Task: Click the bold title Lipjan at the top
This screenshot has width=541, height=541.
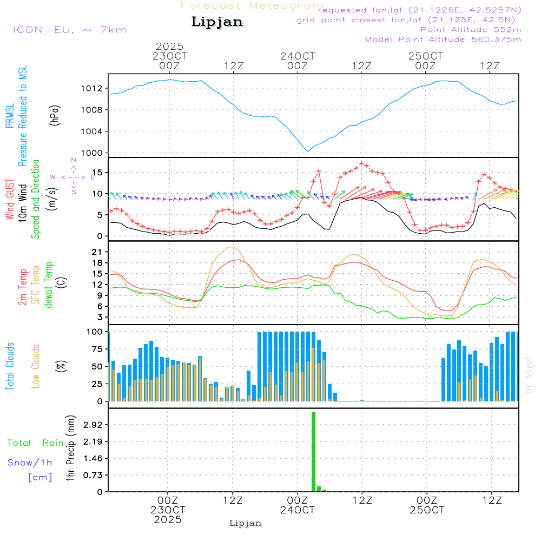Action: pyautogui.click(x=217, y=22)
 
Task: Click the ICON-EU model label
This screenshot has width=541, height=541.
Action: pyautogui.click(x=69, y=30)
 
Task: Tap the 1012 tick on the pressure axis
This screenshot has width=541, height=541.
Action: pyautogui.click(x=92, y=88)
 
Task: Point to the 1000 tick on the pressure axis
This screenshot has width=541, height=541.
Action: pyautogui.click(x=92, y=153)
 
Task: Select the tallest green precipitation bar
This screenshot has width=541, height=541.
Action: pyautogui.click(x=313, y=452)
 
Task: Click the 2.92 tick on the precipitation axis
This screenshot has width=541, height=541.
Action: pyautogui.click(x=92, y=425)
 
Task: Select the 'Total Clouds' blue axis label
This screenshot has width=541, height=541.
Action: pyautogui.click(x=10, y=366)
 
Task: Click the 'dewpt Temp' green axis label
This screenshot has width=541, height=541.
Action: pyautogui.click(x=49, y=285)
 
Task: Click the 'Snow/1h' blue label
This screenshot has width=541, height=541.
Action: pyautogui.click(x=30, y=463)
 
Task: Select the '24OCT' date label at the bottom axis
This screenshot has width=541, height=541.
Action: pyautogui.click(x=297, y=510)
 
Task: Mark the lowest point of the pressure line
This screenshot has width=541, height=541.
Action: pyautogui.click(x=308, y=151)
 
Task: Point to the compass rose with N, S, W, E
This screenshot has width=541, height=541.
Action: pyautogui.click(x=74, y=176)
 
